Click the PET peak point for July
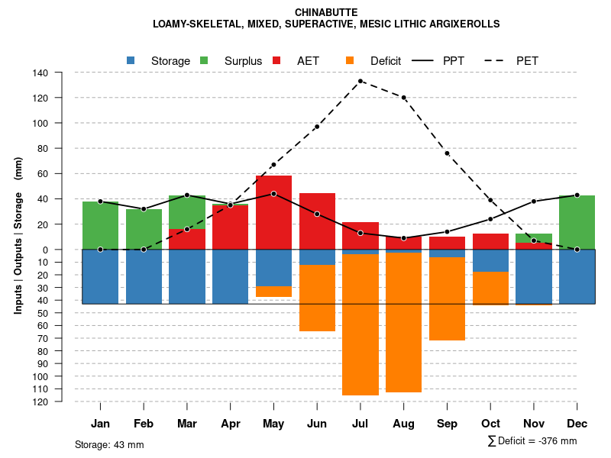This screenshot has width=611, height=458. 360,81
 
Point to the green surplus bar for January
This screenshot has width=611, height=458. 100,225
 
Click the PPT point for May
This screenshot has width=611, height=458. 273,194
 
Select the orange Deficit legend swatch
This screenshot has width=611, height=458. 351,60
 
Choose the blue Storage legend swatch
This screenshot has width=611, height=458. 131,60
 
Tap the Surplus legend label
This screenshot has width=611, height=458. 243,61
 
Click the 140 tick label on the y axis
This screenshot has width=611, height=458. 40,73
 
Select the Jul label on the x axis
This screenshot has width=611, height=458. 360,424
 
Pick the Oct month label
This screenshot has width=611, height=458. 490,424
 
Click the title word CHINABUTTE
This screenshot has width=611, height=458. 325,12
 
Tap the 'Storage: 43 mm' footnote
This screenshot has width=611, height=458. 109,444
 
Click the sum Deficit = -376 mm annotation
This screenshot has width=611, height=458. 532,441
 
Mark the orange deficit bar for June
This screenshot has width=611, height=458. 317,298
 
